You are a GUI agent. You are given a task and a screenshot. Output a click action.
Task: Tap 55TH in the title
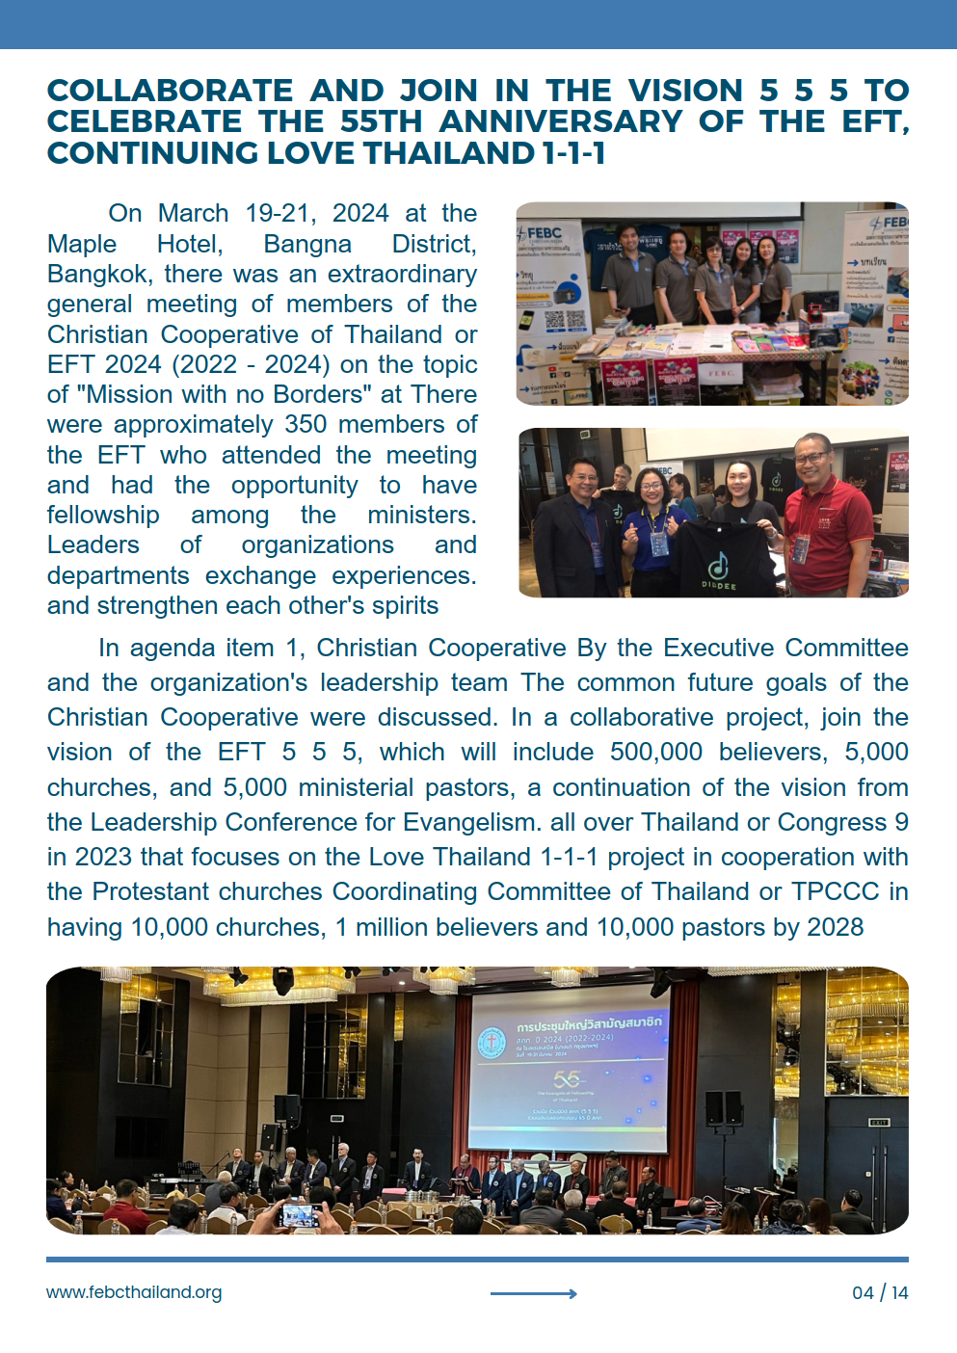click(381, 122)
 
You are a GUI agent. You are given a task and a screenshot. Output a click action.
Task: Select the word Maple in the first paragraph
click(82, 244)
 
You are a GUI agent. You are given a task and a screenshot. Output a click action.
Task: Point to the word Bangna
click(307, 244)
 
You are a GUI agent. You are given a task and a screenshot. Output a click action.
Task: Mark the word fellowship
click(103, 515)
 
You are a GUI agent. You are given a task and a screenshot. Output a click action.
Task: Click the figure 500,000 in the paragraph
click(656, 752)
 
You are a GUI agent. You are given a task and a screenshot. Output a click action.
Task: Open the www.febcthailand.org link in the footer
click(134, 1292)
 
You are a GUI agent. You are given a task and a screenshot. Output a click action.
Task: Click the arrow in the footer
click(534, 1293)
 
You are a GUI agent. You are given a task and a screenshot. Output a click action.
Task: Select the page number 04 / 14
click(880, 1292)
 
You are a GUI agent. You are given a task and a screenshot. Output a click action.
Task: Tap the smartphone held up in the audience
click(299, 1214)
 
